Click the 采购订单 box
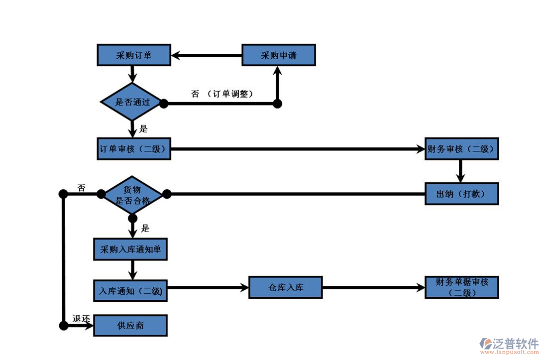coord(133,55)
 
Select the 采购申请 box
coord(279,55)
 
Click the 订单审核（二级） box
coord(133,149)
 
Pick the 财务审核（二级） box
coord(461,149)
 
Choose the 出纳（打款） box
coord(461,194)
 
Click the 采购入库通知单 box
coord(130,249)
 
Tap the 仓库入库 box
coord(286,287)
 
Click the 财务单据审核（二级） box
coord(461,287)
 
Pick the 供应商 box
coord(130,326)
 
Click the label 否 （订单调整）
coord(222,94)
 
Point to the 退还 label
coord(82,319)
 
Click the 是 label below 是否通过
coord(143,129)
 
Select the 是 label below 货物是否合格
coord(145,229)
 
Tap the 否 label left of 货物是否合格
coord(81,188)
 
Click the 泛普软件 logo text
coord(516,344)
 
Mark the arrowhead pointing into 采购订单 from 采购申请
coord(177,55)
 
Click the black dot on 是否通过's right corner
coord(163,103)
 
